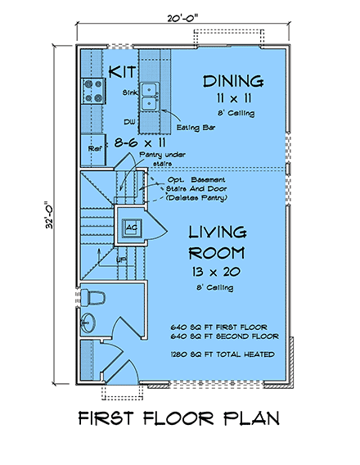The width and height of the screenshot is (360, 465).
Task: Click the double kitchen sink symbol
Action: (150, 96)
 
